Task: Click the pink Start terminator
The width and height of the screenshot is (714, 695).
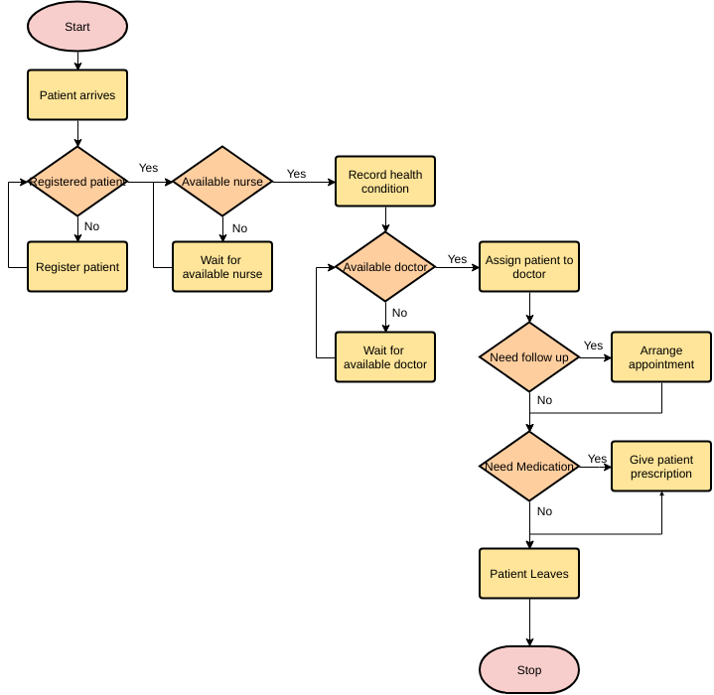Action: tap(77, 27)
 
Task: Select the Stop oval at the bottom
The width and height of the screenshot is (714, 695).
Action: tap(529, 669)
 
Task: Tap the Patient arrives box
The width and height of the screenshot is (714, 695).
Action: tap(77, 95)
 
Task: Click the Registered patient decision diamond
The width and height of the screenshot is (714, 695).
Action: tap(77, 182)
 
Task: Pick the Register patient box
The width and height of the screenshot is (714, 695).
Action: tap(77, 267)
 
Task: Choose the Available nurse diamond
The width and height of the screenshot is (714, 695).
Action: tap(221, 182)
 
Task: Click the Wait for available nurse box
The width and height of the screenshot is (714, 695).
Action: tap(221, 267)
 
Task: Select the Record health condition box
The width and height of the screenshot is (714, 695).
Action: tap(385, 182)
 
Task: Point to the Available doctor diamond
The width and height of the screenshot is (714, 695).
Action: tap(385, 267)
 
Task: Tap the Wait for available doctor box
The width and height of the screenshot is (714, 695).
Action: tap(385, 357)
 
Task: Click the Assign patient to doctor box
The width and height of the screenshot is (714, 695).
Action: tap(529, 267)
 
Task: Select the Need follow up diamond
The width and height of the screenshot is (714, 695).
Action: tap(529, 357)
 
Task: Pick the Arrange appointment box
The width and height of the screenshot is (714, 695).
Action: tap(661, 357)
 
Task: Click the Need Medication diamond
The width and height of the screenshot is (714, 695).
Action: tap(529, 467)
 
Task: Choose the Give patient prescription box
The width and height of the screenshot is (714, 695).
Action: tap(661, 467)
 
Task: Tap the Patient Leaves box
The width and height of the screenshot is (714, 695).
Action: tap(529, 574)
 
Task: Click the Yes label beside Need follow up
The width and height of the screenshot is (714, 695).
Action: tap(593, 346)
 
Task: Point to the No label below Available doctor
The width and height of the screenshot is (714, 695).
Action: tap(399, 313)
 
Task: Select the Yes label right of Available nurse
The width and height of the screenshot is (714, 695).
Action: tap(296, 174)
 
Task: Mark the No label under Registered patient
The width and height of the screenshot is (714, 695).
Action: tap(91, 226)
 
